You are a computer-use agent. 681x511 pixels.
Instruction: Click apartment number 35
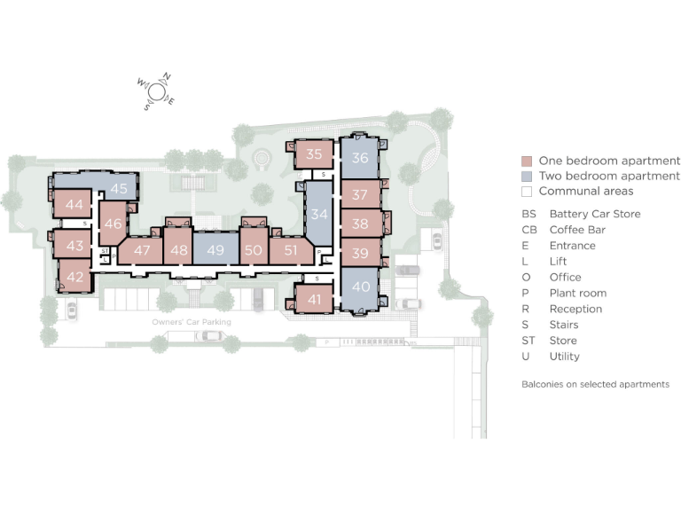[314, 153]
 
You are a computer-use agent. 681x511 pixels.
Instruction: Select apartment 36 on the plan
[359, 158]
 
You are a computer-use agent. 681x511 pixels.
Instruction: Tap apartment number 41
[314, 299]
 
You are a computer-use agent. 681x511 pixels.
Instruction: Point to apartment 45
[119, 188]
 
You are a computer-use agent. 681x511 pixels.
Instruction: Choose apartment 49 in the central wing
[215, 250]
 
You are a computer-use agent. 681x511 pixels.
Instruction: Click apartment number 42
[74, 276]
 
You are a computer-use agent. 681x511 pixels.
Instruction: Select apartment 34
[319, 214]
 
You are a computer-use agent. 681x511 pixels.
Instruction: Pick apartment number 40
[360, 287]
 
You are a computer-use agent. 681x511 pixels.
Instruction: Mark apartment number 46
[113, 224]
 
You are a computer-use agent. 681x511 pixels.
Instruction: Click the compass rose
[156, 90]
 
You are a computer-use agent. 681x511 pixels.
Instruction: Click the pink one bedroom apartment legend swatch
[526, 161]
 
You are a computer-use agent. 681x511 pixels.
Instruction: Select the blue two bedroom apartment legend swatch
[526, 177]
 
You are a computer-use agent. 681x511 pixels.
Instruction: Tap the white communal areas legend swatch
[526, 192]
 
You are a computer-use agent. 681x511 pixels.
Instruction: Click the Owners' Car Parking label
[192, 322]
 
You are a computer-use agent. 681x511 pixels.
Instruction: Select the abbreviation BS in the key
[528, 214]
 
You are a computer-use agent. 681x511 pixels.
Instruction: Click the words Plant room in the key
[577, 293]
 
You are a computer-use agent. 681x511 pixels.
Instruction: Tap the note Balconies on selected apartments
[595, 384]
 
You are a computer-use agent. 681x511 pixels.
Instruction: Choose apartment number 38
[359, 224]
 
